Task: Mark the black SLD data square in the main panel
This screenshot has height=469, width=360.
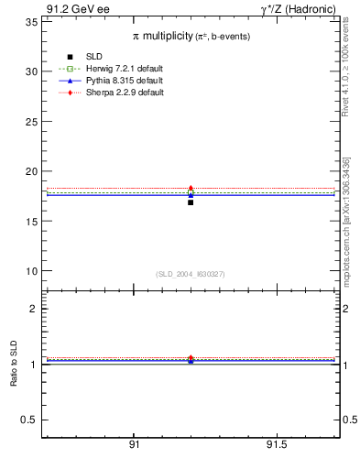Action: point(191,202)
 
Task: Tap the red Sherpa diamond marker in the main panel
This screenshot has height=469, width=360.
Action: point(191,189)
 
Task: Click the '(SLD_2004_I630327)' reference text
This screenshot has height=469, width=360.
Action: point(190,274)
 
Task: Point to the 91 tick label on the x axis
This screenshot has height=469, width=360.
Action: point(135,444)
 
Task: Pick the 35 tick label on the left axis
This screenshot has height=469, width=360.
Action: point(30,21)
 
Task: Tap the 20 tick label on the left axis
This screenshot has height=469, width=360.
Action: point(30,171)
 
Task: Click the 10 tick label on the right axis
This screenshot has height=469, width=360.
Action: point(351,271)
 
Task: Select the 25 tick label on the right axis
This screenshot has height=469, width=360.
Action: point(351,121)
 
